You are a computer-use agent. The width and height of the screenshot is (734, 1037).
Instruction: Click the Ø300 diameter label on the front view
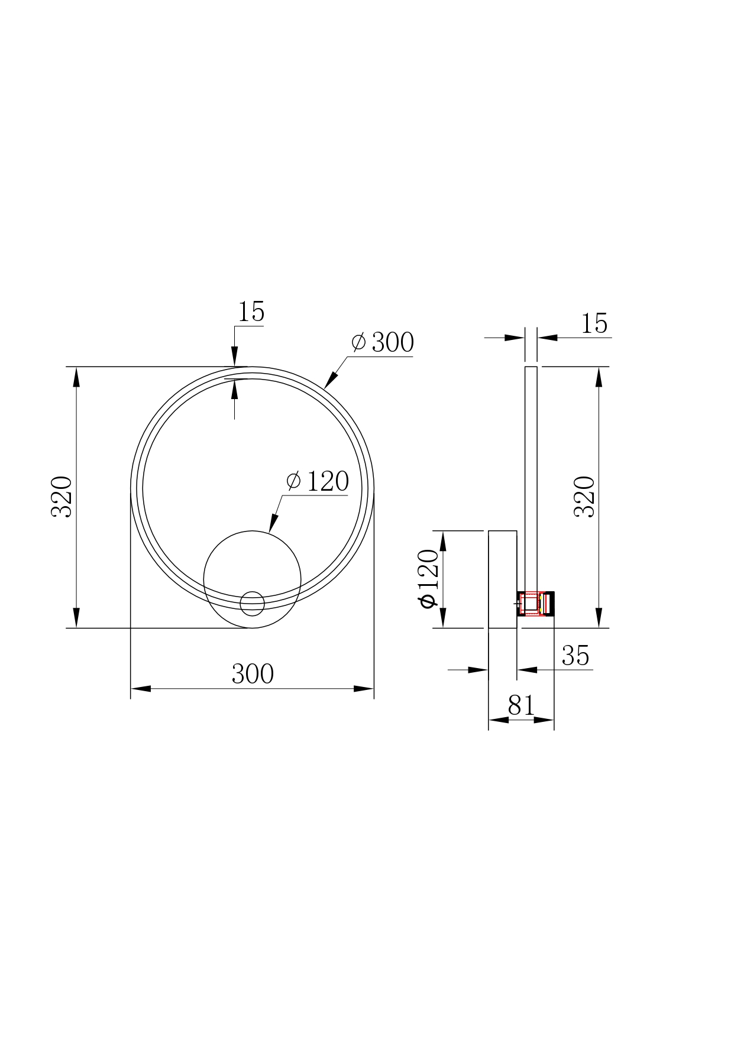(x=383, y=342)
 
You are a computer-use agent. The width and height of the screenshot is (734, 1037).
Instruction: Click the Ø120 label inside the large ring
(x=318, y=482)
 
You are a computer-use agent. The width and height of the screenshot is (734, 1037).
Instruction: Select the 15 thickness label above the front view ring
(x=251, y=312)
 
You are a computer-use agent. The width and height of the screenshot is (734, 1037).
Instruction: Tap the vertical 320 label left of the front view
(x=62, y=497)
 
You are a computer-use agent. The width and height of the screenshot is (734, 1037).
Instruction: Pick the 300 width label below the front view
(x=253, y=674)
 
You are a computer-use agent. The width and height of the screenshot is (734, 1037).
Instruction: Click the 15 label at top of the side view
(x=594, y=323)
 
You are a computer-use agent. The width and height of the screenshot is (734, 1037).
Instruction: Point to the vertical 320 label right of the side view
(x=585, y=497)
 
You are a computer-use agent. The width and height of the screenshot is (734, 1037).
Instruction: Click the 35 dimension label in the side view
(x=575, y=656)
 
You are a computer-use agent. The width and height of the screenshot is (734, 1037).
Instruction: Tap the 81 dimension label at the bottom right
(x=521, y=705)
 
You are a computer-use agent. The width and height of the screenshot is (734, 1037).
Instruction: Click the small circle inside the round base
(x=253, y=603)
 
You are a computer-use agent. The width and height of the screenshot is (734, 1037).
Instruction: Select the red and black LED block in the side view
(x=536, y=604)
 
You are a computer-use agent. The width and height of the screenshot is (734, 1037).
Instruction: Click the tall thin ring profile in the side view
(x=531, y=473)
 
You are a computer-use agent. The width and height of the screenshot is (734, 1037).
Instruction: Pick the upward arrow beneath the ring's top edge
(x=235, y=390)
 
